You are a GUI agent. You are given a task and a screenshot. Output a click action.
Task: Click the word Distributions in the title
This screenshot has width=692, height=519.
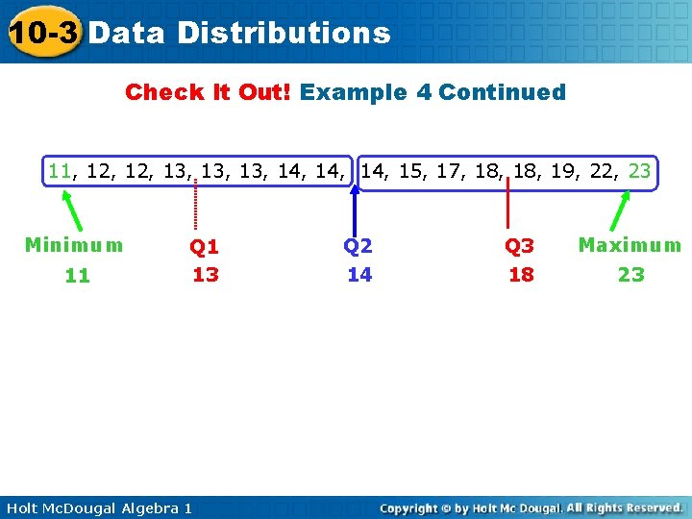[x=284, y=33]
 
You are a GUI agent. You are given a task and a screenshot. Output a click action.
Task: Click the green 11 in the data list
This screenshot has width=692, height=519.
[x=60, y=172]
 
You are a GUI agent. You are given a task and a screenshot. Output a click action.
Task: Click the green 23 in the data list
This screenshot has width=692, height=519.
[x=639, y=172]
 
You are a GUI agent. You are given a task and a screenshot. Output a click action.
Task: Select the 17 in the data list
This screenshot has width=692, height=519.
[x=447, y=172]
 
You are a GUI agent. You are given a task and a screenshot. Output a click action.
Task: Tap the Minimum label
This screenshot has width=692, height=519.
[x=74, y=245]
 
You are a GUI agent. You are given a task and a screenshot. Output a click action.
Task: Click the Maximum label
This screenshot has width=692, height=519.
[x=630, y=245]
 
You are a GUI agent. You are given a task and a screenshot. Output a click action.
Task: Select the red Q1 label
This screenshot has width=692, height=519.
[x=205, y=247]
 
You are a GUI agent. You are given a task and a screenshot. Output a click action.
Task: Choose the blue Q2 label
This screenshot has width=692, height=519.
[x=358, y=246]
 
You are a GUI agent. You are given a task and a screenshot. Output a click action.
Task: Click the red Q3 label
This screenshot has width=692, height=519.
[x=520, y=247]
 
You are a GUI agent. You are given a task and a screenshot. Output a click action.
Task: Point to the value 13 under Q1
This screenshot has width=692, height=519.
[x=206, y=275]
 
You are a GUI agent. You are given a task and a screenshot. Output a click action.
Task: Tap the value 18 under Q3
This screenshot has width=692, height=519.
[x=520, y=275]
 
